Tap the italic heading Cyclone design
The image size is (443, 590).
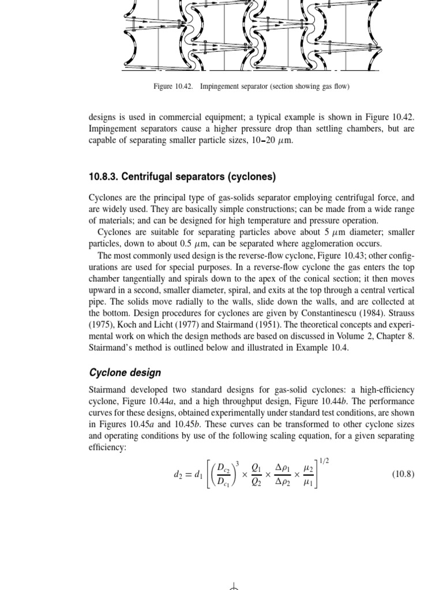click(125, 372)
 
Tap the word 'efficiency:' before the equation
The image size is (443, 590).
click(107, 447)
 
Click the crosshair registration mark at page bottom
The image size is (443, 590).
click(234, 587)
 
